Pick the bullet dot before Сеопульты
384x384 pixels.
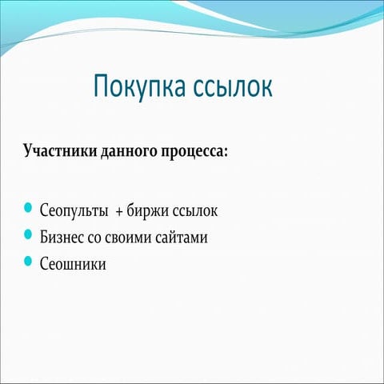click(x=28, y=210)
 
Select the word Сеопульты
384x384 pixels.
click(x=74, y=212)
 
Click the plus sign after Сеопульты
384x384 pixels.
click(x=119, y=212)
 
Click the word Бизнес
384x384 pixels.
click(x=62, y=237)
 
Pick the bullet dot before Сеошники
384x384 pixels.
click(x=28, y=261)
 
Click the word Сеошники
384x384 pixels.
click(x=72, y=262)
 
